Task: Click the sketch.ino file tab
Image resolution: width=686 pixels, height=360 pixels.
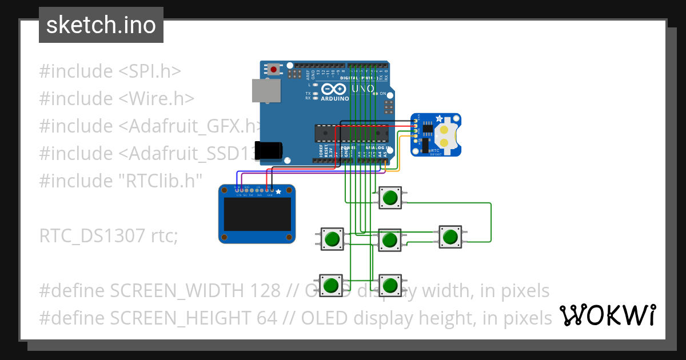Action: pyautogui.click(x=101, y=25)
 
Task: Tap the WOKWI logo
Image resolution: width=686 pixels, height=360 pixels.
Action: pyautogui.click(x=607, y=315)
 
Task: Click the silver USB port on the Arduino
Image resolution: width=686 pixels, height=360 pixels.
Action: pyautogui.click(x=266, y=91)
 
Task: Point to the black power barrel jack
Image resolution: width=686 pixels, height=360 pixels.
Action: pyautogui.click(x=269, y=150)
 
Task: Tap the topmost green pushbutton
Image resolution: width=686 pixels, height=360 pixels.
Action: pyautogui.click(x=390, y=198)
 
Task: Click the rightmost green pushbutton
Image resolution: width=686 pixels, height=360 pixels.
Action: pyautogui.click(x=450, y=237)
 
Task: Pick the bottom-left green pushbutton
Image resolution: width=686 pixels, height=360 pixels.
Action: pyautogui.click(x=330, y=284)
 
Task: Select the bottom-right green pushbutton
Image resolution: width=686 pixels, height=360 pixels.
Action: pyautogui.click(x=390, y=284)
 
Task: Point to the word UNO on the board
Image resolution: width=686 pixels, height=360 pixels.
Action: pyautogui.click(x=362, y=89)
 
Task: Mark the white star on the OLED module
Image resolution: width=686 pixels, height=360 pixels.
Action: pyautogui.click(x=278, y=193)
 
